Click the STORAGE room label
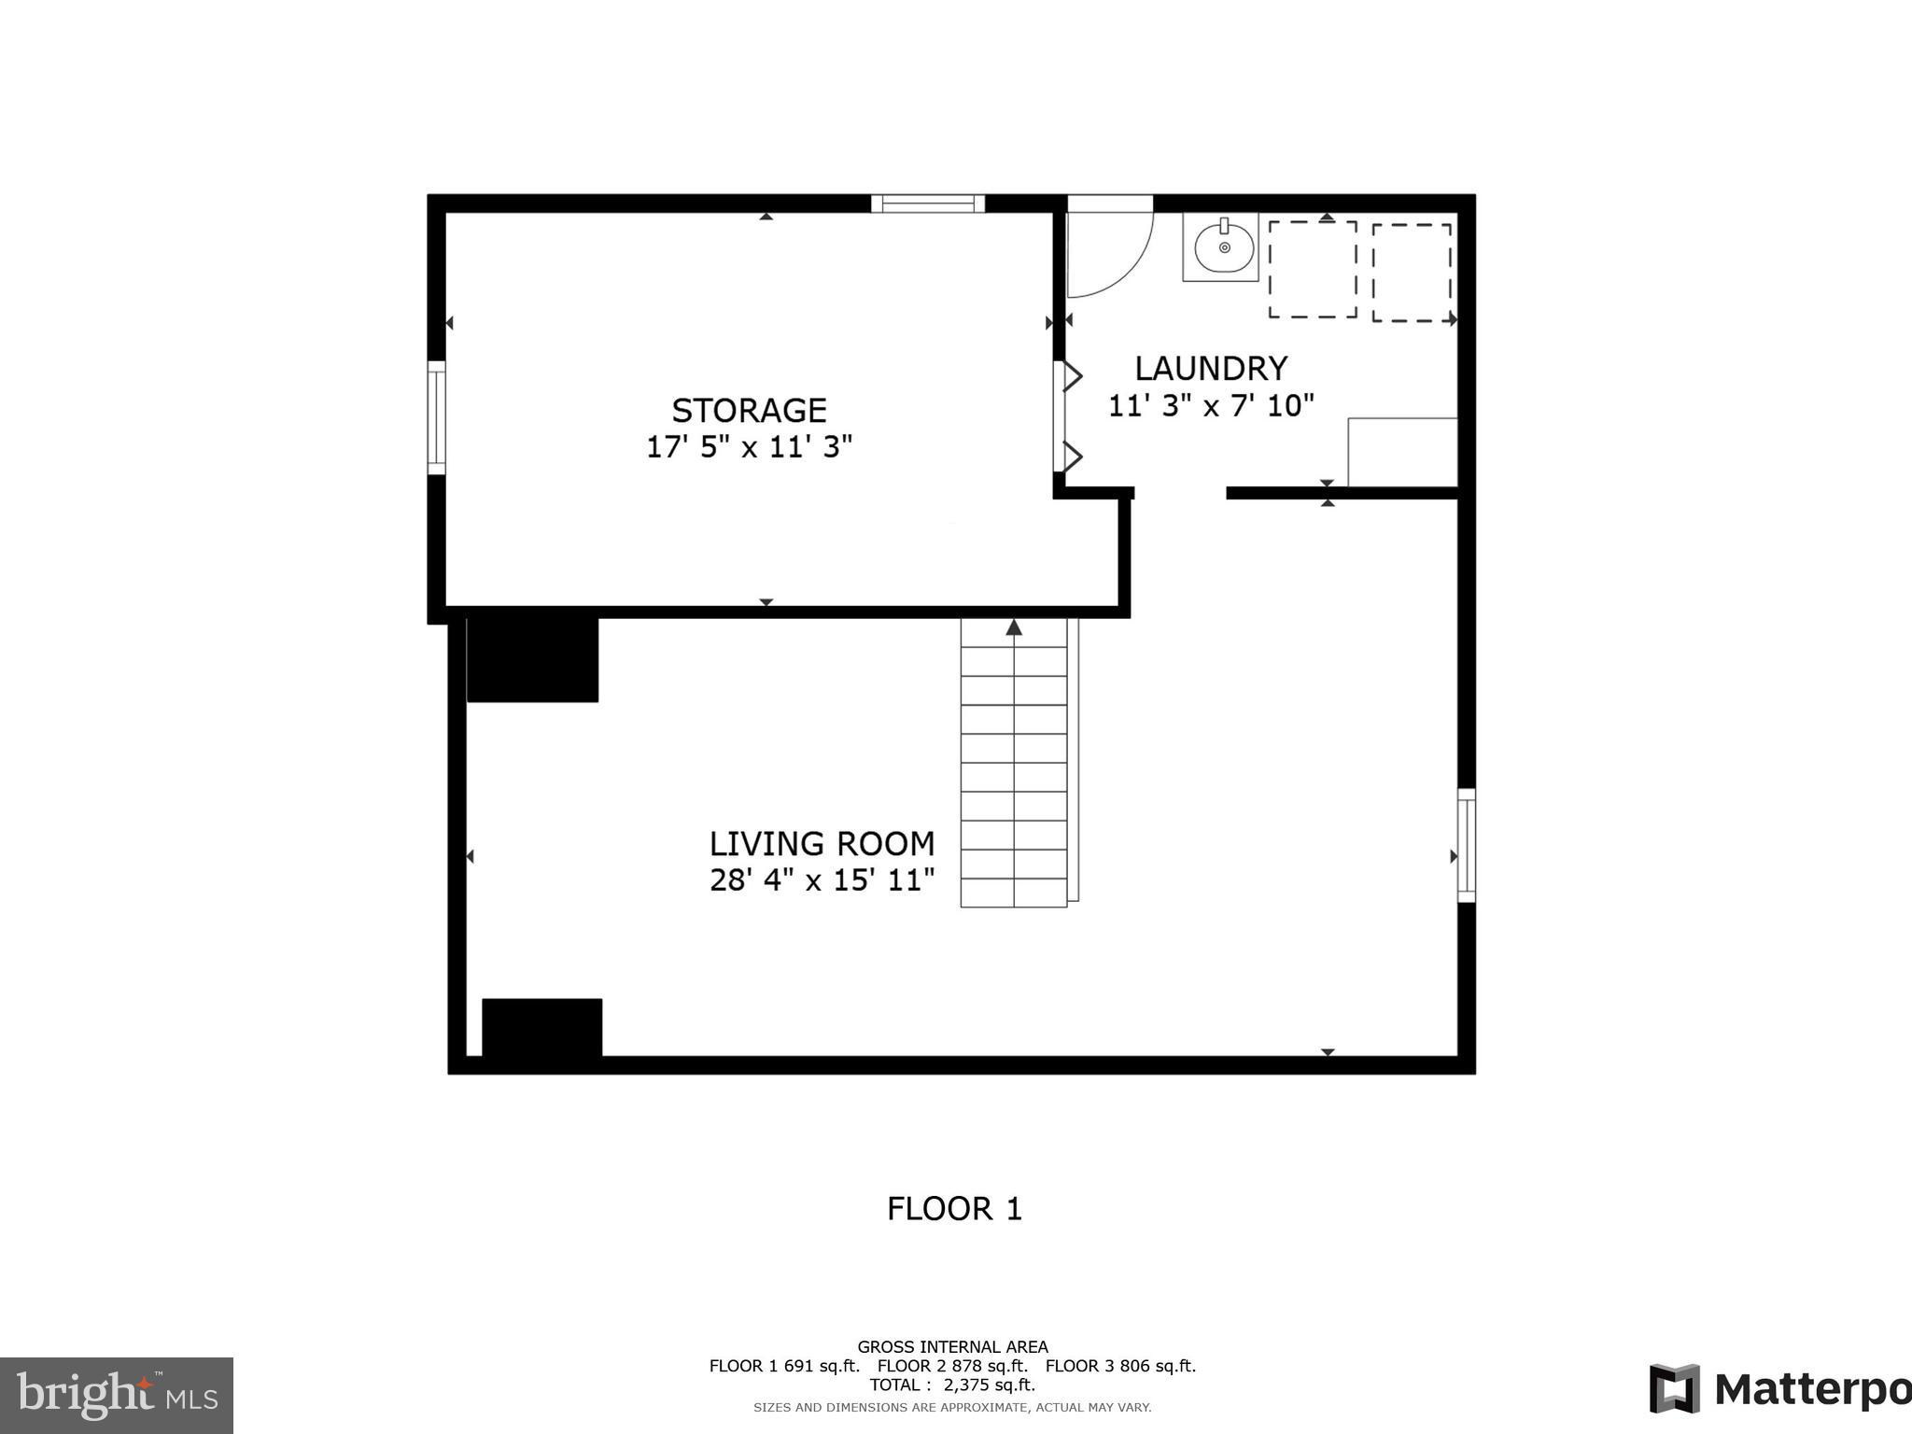[749, 411]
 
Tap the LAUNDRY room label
[1211, 369]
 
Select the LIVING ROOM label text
[822, 844]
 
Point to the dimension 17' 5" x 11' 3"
[749, 447]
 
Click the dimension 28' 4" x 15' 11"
[822, 880]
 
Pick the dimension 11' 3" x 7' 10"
[1211, 406]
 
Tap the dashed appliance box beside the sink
[1312, 270]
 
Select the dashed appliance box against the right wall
[1412, 273]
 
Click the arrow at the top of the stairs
[1014, 628]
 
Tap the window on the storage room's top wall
[928, 204]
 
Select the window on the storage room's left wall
[437, 417]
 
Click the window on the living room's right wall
[1467, 846]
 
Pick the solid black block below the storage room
[532, 658]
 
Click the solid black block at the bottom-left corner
[541, 1028]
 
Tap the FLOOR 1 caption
[954, 1209]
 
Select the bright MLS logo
[117, 1396]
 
